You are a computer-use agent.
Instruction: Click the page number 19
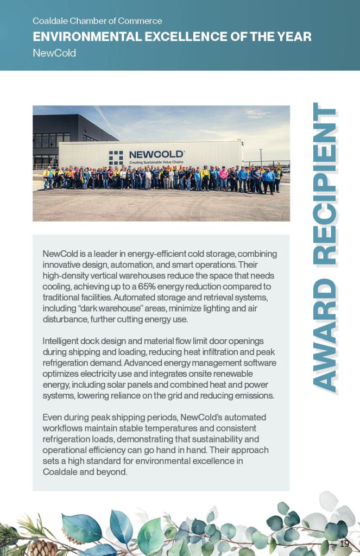[344, 544]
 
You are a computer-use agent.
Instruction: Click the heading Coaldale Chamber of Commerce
[97, 21]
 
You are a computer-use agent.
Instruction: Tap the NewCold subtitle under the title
[54, 53]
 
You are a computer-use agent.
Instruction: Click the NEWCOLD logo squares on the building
[116, 157]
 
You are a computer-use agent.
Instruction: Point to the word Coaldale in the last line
[60, 472]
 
